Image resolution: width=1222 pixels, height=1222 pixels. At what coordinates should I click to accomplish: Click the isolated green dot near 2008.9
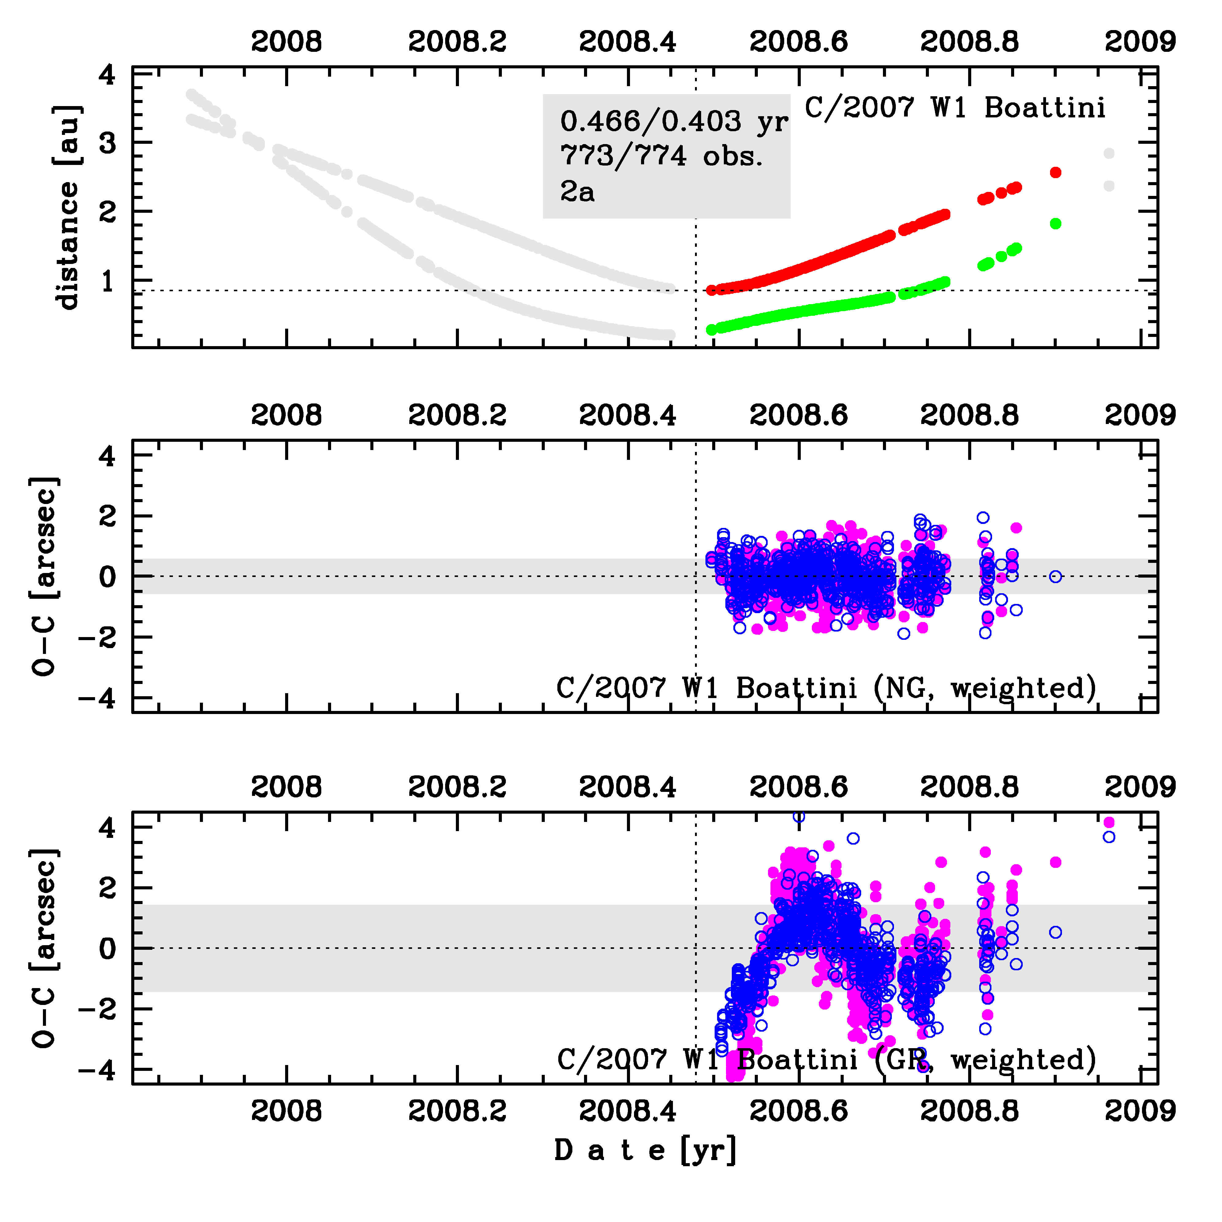1055,223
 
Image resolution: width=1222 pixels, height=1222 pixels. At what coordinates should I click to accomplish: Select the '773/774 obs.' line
662,156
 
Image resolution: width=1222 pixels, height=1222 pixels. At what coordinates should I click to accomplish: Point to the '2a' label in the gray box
577,191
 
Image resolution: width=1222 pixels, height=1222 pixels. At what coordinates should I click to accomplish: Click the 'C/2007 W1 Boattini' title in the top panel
955,108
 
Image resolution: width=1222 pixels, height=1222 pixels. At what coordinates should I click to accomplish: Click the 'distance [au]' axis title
67,208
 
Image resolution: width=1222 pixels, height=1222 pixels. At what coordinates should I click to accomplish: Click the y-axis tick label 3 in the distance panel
108,143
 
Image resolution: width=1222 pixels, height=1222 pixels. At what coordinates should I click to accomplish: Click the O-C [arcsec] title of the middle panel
46,576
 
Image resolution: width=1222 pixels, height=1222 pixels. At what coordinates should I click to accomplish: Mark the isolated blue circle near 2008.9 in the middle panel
1055,576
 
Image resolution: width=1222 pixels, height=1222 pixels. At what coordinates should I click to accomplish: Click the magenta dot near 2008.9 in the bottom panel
1055,862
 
